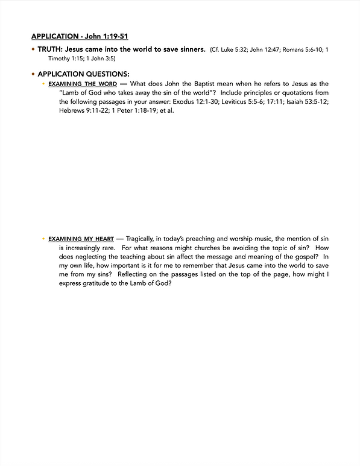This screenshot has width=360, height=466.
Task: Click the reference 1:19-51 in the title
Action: click(113, 36)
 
